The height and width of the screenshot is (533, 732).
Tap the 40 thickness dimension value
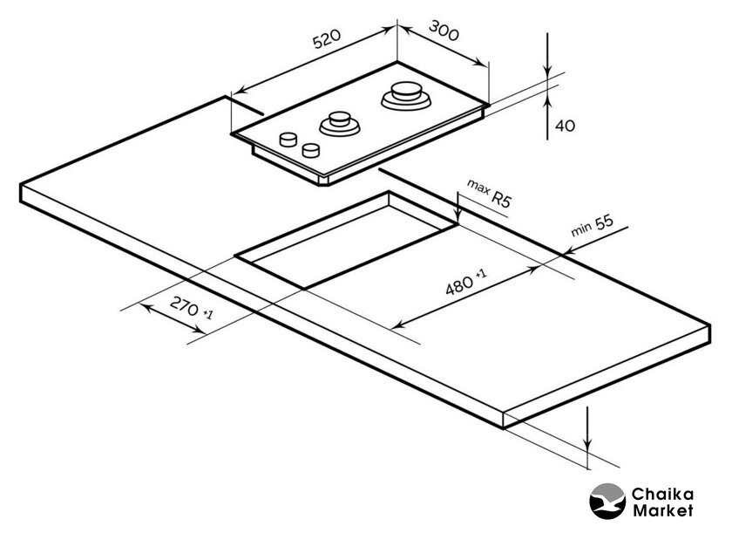565,126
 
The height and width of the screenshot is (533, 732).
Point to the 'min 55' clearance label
592,225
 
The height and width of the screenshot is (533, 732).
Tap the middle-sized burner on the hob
339,124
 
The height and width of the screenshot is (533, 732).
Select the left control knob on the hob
287,140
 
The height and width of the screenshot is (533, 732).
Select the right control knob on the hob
309,150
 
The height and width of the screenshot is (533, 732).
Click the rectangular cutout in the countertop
349,240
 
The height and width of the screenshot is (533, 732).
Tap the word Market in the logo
663,510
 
